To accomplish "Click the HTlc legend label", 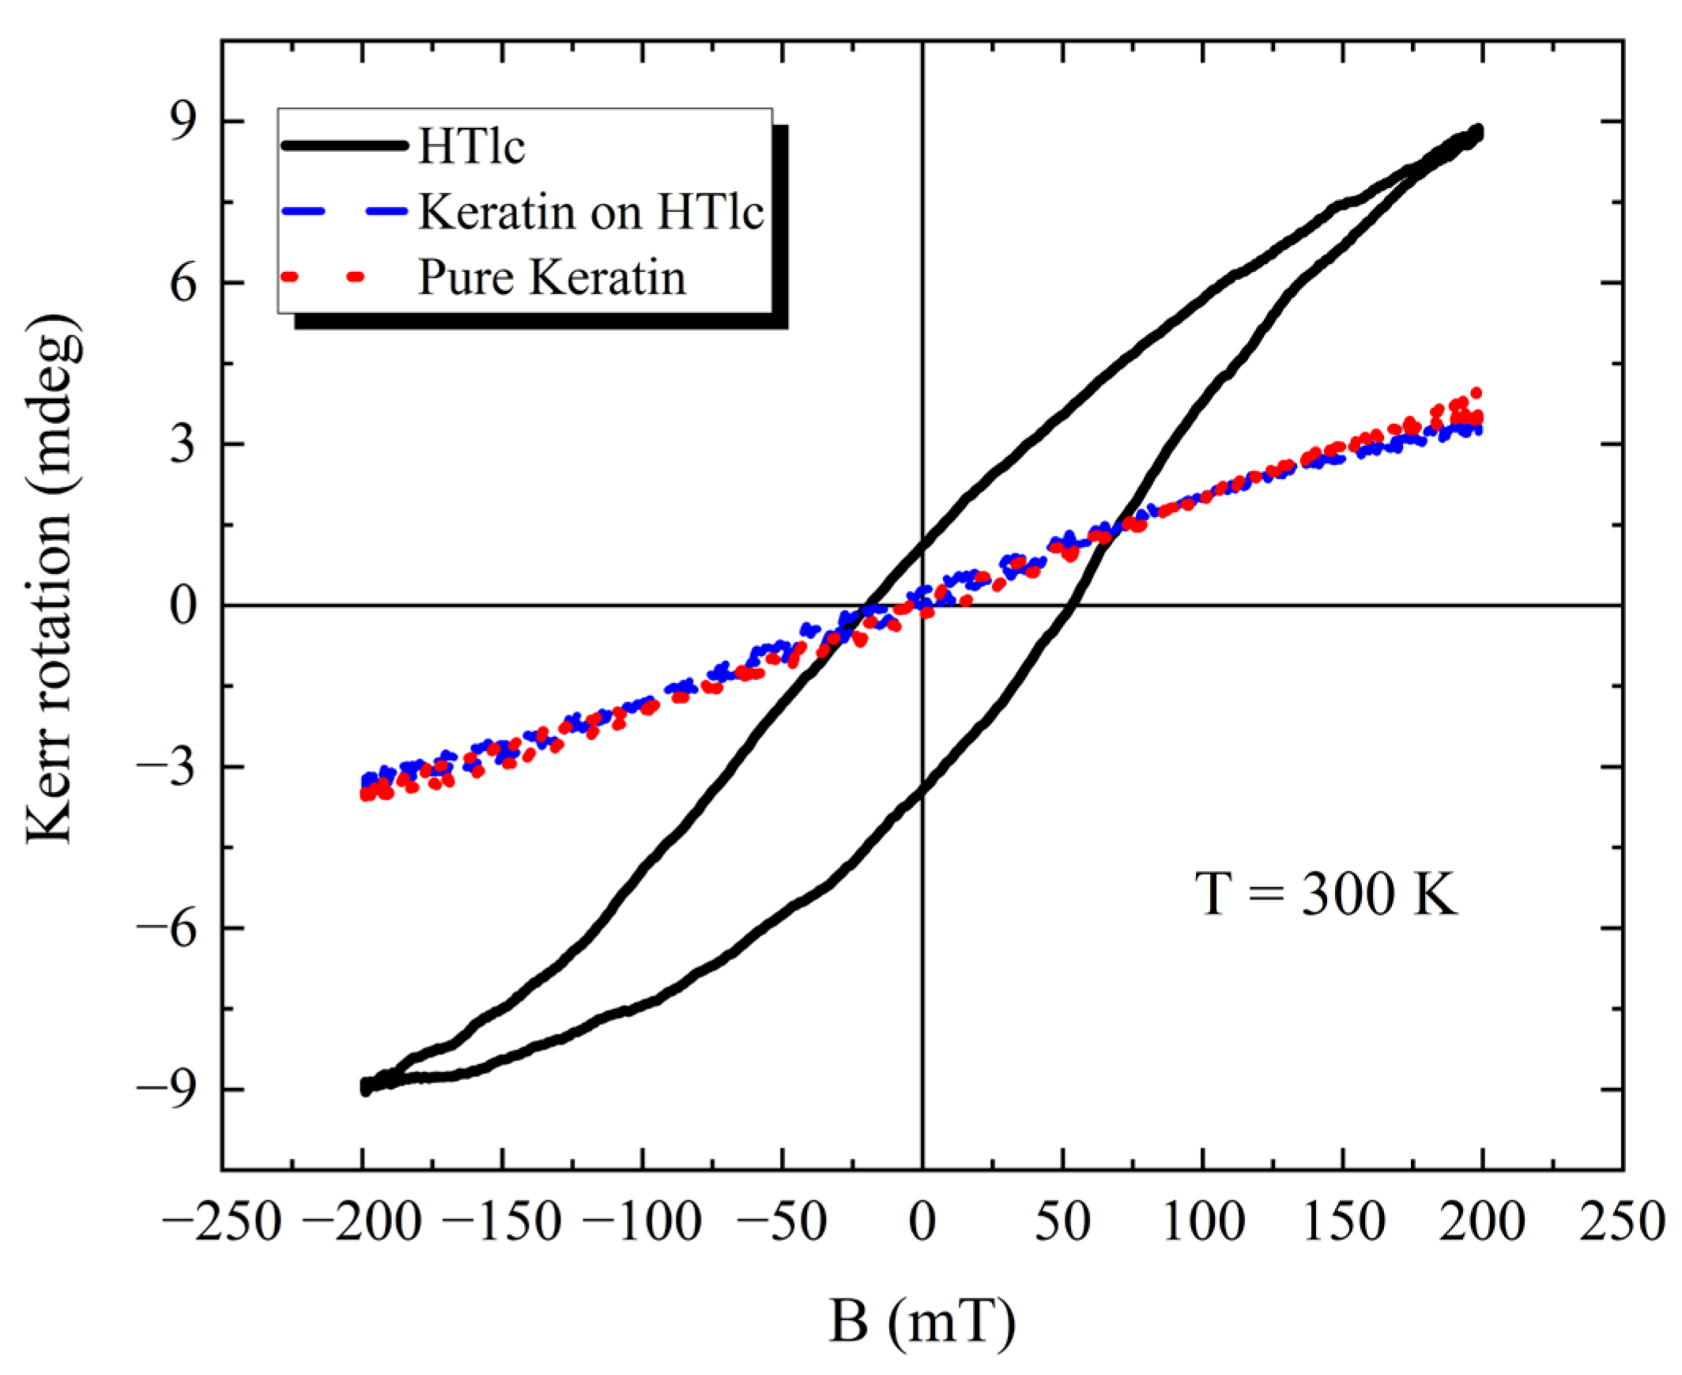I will click(471, 146).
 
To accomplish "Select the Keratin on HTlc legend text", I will click(590, 212).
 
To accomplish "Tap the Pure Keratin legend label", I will click(552, 278).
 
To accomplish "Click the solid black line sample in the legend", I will click(344, 145).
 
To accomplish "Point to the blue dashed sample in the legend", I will click(344, 211).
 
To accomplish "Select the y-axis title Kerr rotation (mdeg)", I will click(51, 580).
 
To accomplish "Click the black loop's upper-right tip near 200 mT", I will click(1476, 132).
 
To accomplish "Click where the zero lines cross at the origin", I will click(922, 606).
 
